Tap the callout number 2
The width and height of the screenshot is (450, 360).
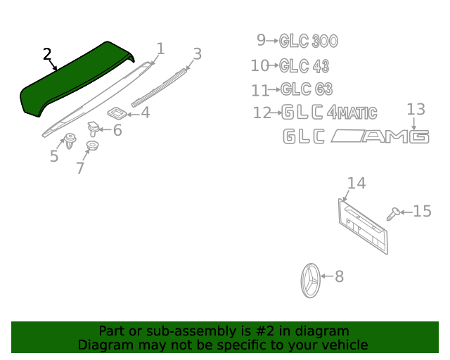47,54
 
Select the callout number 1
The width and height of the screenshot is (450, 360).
161,49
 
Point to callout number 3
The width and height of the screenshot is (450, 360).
198,54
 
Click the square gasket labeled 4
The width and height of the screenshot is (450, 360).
117,112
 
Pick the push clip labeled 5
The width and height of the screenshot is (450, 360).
70,141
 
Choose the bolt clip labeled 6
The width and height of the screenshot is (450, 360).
94,129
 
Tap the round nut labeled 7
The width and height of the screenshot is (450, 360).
92,146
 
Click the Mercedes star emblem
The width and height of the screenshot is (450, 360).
311,281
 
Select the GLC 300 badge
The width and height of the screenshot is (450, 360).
309,41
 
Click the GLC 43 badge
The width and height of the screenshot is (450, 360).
304,66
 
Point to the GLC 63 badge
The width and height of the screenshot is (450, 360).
307,89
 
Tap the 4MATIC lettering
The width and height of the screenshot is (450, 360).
352,112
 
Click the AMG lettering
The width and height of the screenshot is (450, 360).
395,136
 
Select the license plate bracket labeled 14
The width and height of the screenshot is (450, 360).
363,226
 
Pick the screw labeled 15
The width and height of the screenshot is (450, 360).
393,214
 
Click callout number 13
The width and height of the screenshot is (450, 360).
416,110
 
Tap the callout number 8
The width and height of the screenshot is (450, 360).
339,276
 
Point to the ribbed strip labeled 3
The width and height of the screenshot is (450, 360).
160,88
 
